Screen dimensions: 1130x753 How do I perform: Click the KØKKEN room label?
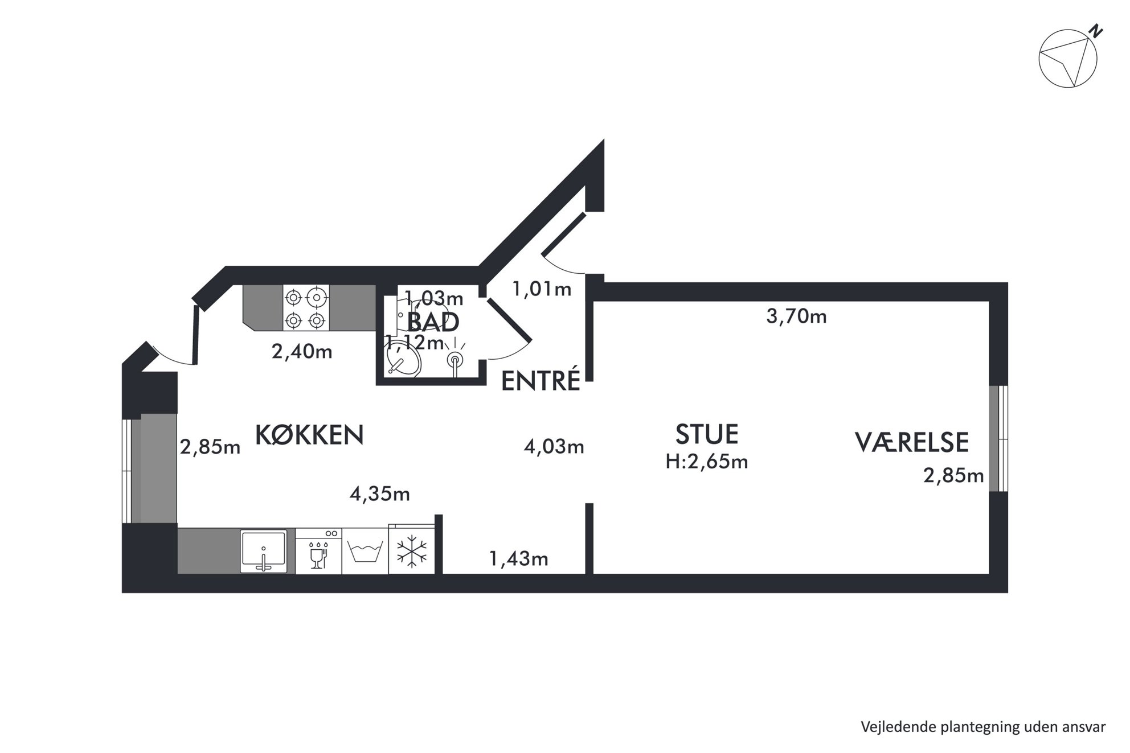coord(309,435)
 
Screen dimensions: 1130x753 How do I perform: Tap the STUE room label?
coord(707,434)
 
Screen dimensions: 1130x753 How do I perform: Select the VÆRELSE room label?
coord(912,443)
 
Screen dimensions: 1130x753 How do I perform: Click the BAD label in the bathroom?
coord(433,322)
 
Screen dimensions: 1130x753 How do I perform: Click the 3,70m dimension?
coord(796,316)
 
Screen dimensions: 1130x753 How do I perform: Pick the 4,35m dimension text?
coord(380,494)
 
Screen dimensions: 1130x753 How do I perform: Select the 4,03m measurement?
coord(554,447)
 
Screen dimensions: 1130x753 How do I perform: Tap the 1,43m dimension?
coord(519,559)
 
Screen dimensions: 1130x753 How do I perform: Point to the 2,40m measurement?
coord(302,352)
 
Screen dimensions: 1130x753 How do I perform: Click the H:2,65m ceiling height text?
coord(707,462)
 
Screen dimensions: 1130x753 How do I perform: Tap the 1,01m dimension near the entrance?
coord(542,289)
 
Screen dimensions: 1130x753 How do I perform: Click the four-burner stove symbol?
coord(306,308)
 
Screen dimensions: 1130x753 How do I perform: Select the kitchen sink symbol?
coord(263,551)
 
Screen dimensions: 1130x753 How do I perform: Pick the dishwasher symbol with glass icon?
coord(318,551)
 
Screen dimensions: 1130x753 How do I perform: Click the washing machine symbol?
coord(365,551)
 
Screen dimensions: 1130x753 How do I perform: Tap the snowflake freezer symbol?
coord(411,550)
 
